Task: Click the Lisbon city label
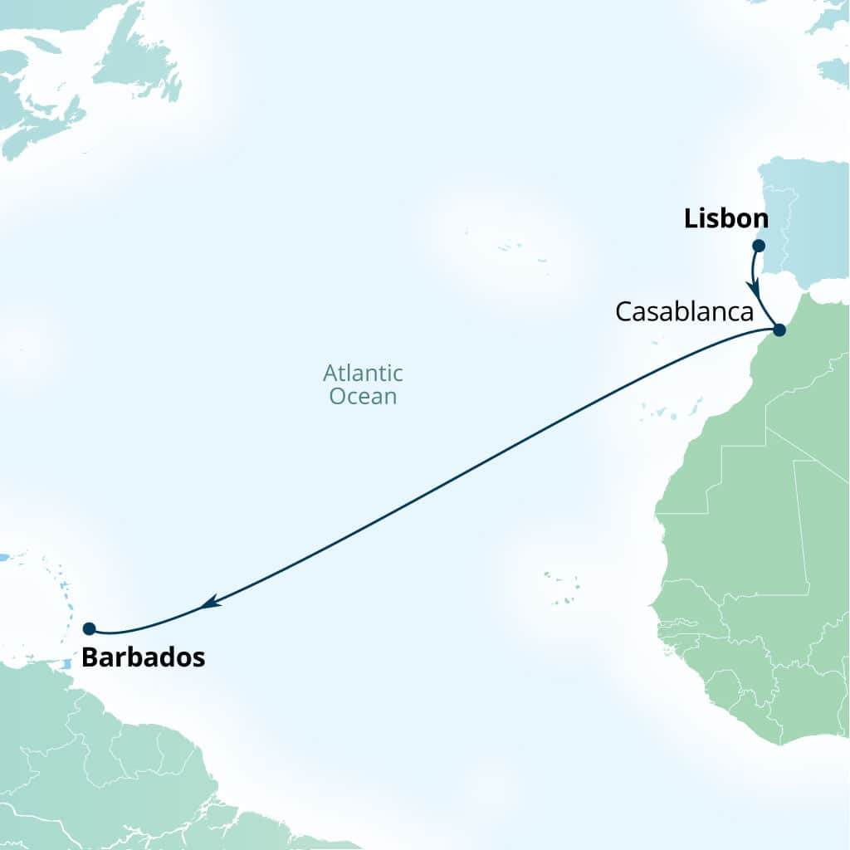point(725,219)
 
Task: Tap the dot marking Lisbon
point(758,246)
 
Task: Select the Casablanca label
point(684,313)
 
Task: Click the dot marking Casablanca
point(779,330)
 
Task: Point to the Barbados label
point(143,658)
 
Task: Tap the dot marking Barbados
point(89,628)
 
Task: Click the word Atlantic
point(363,373)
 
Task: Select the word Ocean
point(363,397)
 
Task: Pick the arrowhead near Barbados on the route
point(211,602)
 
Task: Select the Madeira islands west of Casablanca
point(657,341)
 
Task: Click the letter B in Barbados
point(90,658)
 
